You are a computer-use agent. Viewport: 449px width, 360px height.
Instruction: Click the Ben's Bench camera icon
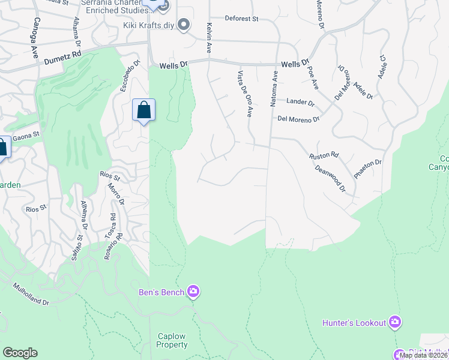pos(193,292)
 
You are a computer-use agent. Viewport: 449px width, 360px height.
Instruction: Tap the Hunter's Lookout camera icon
pos(394,322)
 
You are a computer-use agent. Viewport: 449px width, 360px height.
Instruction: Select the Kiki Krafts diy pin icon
pos(184,25)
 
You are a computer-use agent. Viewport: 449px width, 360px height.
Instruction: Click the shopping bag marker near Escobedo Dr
pos(143,110)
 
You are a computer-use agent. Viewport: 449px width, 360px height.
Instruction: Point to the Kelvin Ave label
pos(209,38)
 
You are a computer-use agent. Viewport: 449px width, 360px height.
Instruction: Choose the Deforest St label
pos(241,19)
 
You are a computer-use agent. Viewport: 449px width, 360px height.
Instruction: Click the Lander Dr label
pos(300,101)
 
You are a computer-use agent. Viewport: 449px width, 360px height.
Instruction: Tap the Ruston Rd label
pos(324,155)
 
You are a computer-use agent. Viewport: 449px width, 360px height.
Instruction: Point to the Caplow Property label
pos(172,340)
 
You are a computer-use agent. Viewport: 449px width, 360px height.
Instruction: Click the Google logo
pos(20,352)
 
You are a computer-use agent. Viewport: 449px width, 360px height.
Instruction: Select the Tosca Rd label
pos(112,226)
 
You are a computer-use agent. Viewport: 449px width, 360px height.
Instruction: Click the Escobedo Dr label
pos(129,76)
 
